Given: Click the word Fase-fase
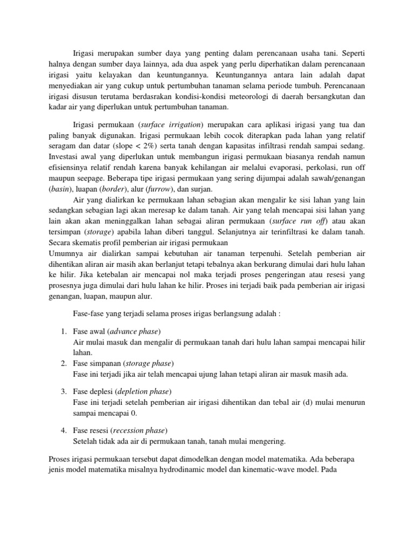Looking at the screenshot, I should [89, 314].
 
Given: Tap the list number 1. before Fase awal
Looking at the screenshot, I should [63, 330].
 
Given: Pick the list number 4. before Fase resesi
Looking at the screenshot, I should [63, 430].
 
